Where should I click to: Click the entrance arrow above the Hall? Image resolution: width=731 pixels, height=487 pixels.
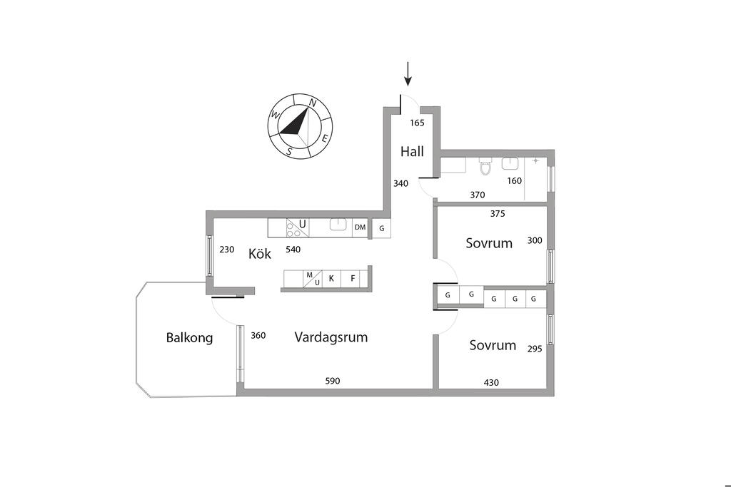click(408, 73)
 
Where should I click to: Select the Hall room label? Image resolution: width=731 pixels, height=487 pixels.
click(412, 152)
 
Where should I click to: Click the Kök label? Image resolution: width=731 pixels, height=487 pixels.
click(260, 254)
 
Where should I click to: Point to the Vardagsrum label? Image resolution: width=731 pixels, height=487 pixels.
click(331, 337)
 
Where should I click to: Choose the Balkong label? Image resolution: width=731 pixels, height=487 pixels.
click(189, 338)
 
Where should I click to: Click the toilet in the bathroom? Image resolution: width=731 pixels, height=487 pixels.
click(485, 167)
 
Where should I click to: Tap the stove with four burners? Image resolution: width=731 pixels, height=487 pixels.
click(293, 228)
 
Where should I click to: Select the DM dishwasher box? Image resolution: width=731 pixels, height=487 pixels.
click(360, 227)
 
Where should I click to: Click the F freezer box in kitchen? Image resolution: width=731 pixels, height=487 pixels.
click(352, 279)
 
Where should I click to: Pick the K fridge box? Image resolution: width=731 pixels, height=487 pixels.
click(331, 279)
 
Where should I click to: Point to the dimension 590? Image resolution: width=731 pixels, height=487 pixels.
click(333, 381)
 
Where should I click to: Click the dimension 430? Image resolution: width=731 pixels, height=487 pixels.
click(491, 382)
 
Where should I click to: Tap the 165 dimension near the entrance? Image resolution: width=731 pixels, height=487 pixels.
click(417, 123)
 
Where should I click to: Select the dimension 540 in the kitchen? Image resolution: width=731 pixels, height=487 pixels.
click(293, 250)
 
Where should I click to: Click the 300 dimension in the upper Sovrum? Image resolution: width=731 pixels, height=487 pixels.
click(535, 240)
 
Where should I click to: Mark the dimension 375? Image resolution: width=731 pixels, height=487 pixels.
click(498, 212)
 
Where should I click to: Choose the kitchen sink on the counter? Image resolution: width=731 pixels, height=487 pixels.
click(338, 226)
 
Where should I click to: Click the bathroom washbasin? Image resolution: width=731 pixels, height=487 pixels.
click(510, 164)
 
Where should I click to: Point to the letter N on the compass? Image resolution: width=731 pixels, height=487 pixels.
click(313, 103)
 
